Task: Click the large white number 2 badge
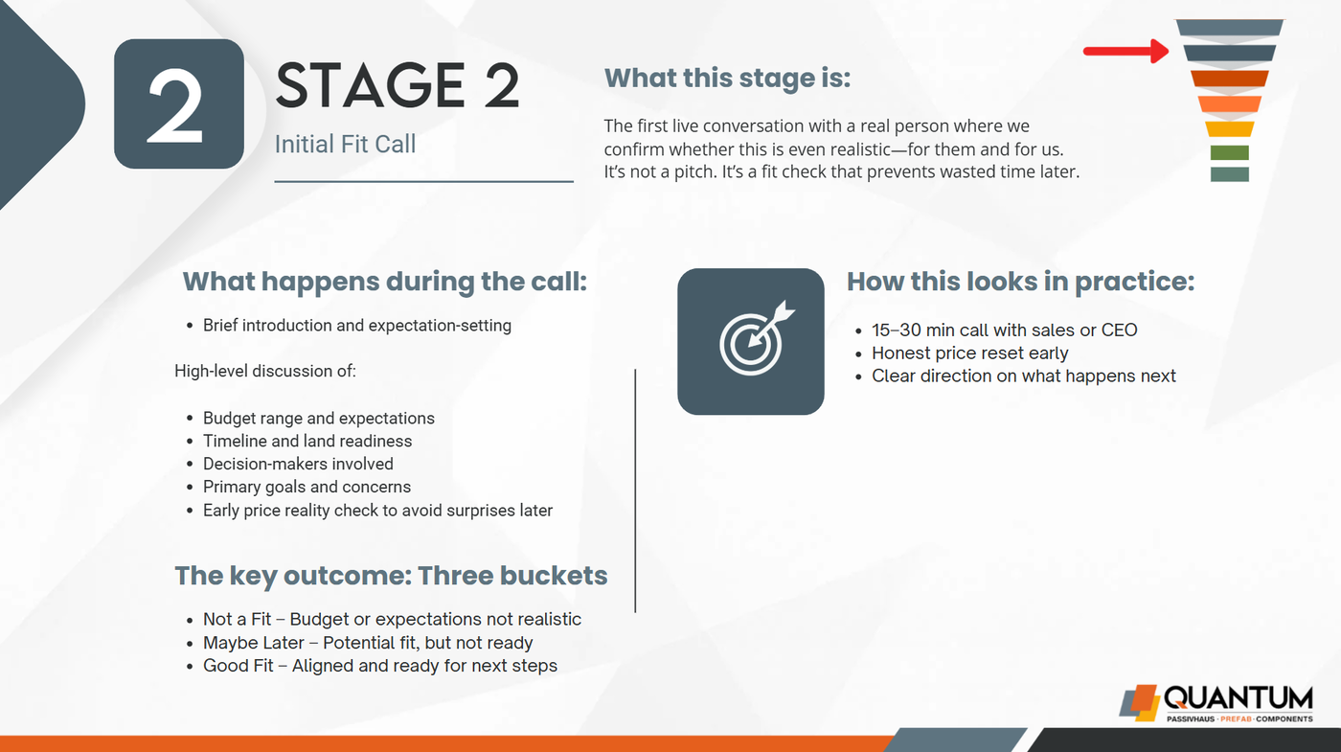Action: [x=179, y=104]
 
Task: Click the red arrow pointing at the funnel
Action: [x=1125, y=52]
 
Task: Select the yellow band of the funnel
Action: [x=1230, y=128]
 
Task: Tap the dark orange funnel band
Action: [x=1230, y=79]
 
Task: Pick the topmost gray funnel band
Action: [x=1230, y=28]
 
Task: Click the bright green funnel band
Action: [x=1230, y=152]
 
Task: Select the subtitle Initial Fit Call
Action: [x=345, y=145]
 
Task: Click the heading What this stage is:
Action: [x=727, y=78]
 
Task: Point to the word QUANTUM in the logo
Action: [x=1238, y=698]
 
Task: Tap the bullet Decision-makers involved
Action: [x=298, y=464]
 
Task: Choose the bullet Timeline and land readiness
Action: [x=307, y=442]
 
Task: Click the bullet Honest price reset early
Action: [x=969, y=353]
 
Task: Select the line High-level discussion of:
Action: [x=265, y=372]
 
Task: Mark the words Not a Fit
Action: [x=238, y=619]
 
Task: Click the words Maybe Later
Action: [x=253, y=643]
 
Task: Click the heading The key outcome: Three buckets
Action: [x=391, y=576]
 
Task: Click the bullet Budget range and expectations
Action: [x=318, y=419]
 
